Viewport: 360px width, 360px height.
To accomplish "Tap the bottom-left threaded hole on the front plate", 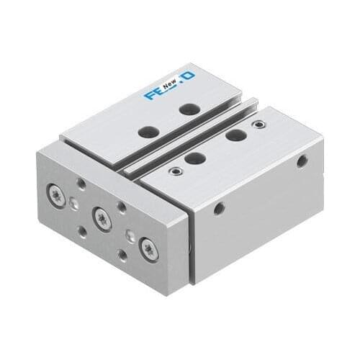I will point(81,230).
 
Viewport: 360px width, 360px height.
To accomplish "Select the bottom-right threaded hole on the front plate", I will point(124,255).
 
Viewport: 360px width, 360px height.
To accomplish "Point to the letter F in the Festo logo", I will point(150,94).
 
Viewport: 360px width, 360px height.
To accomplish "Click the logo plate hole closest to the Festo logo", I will point(189,109).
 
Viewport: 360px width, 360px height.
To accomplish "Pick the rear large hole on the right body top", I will point(232,135).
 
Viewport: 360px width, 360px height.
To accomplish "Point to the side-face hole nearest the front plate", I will point(219,209).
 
